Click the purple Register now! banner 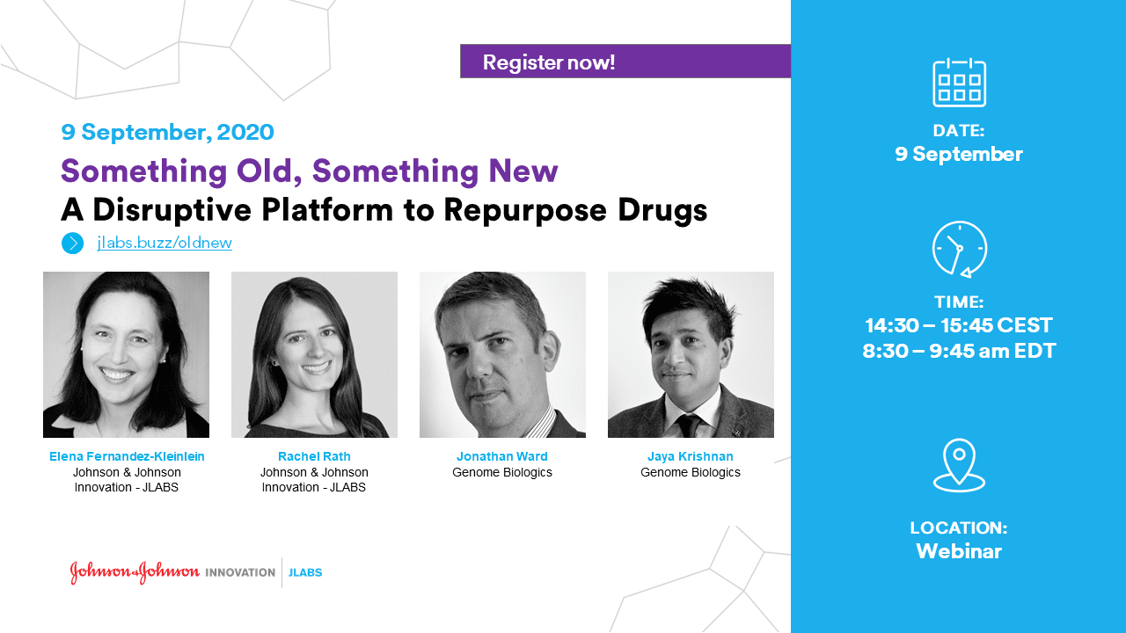click(x=625, y=62)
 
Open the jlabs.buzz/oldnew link click(x=165, y=243)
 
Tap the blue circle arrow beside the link click(x=73, y=244)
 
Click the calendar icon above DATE click(x=959, y=83)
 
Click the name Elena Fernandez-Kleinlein click(x=127, y=456)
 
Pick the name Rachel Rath click(x=314, y=456)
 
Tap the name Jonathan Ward click(x=502, y=456)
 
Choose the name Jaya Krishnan click(x=691, y=456)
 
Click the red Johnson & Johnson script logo click(x=135, y=572)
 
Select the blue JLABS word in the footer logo click(x=305, y=572)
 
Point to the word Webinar click(x=959, y=551)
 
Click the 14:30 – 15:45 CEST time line click(x=959, y=325)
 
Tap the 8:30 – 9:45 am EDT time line click(x=959, y=351)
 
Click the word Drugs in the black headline click(x=662, y=210)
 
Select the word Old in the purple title click(x=265, y=171)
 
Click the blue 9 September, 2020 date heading click(x=167, y=132)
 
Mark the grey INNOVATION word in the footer click(x=240, y=572)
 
